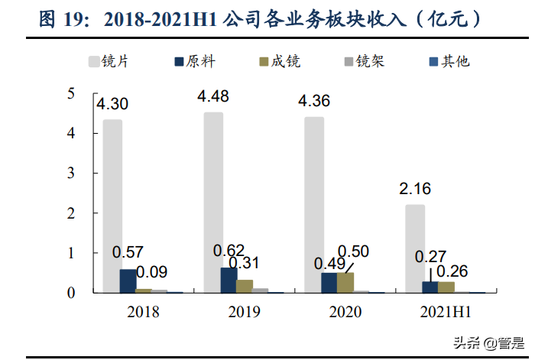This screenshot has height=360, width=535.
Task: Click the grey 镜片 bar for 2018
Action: coord(112,206)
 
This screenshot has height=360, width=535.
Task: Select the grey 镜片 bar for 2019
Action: coord(213,203)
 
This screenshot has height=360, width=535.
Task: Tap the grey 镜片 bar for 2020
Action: coord(314,205)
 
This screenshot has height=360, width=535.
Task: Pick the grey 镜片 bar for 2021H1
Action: coord(415,248)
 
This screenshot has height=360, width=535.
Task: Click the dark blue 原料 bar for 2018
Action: coord(128,281)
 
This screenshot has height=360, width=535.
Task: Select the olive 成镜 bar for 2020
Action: coord(345,282)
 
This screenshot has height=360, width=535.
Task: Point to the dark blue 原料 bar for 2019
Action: coord(229,280)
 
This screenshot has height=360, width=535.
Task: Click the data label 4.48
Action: coord(214,96)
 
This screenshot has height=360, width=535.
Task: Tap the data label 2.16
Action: coord(416,189)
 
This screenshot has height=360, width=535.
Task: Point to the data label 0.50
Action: coord(353,251)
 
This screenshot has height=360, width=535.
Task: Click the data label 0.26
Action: coord(453,271)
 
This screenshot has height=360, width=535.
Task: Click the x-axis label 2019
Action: coord(244,312)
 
